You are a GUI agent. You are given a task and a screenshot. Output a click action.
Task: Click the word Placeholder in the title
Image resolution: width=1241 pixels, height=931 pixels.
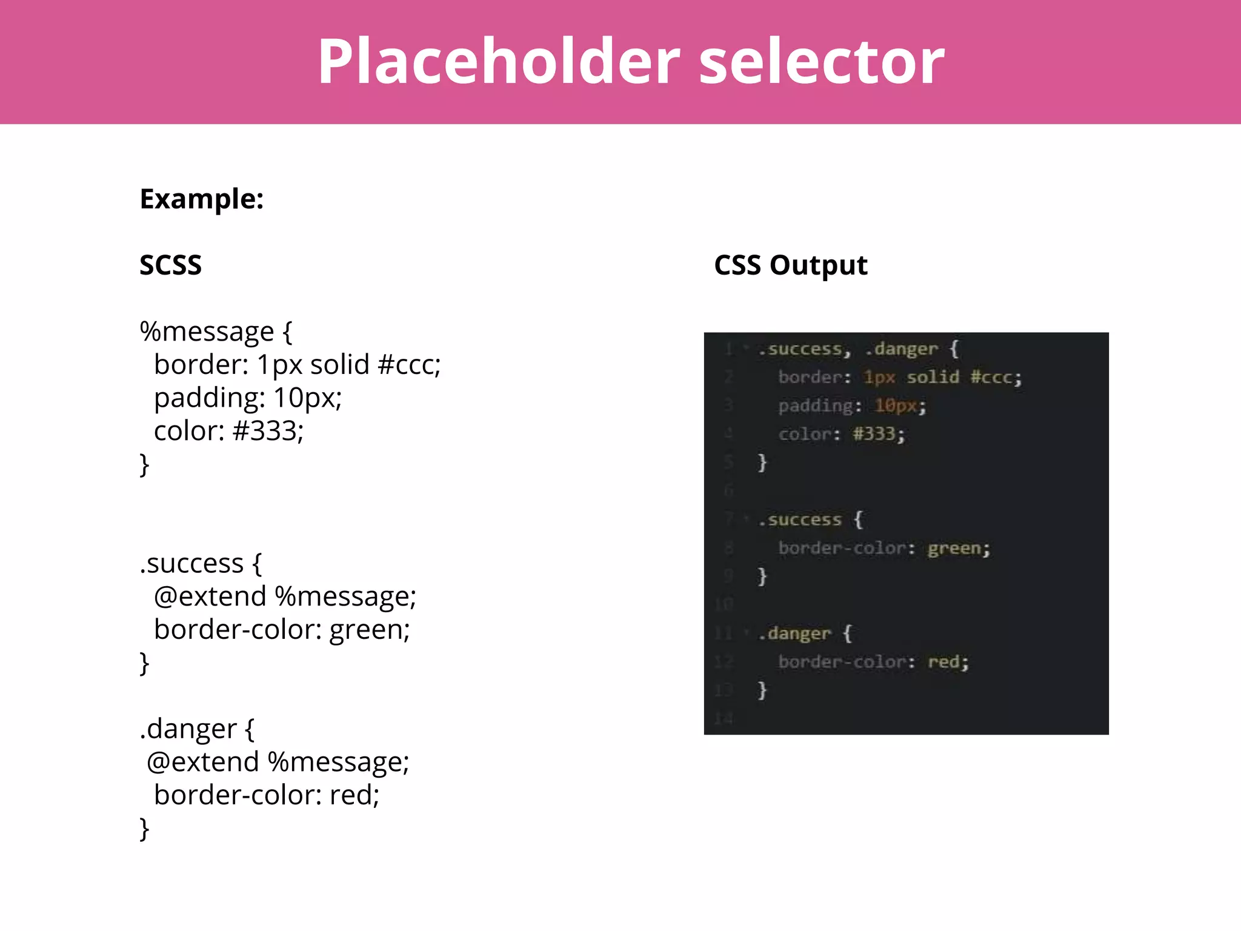tap(499, 61)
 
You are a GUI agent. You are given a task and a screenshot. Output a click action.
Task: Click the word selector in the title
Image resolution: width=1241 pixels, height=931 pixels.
tap(822, 61)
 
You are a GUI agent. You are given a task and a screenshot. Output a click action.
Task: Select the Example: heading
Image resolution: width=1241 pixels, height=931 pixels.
tap(201, 199)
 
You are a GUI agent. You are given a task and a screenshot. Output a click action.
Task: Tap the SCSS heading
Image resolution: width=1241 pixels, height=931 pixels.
tap(170, 265)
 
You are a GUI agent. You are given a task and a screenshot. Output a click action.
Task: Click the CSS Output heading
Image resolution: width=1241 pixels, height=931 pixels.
tap(790, 265)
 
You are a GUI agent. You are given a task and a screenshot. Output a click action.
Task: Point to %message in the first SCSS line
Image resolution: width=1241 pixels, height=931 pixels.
tap(207, 332)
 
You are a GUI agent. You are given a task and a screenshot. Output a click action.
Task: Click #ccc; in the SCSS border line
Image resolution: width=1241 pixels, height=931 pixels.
tap(409, 365)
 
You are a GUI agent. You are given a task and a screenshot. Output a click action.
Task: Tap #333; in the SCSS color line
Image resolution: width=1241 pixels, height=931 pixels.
tap(268, 431)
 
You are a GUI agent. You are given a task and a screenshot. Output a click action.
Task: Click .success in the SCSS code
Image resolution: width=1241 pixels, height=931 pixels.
tap(191, 563)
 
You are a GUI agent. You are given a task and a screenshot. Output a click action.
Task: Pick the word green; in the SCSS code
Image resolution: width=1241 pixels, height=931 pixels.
tap(370, 629)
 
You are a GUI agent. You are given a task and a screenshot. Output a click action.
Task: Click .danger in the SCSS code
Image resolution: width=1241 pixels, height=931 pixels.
tap(188, 729)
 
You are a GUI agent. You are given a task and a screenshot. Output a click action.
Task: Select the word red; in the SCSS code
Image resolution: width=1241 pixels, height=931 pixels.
tap(354, 795)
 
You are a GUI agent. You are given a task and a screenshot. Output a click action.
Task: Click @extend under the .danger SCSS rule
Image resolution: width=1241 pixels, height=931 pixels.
tap(202, 762)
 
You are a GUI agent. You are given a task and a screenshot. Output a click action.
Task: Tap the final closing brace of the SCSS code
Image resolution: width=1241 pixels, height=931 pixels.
tap(144, 828)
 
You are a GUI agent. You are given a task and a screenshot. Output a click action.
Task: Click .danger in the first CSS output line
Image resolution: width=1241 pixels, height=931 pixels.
tap(902, 349)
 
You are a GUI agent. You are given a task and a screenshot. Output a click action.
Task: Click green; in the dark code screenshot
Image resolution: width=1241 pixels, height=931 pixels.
tap(959, 548)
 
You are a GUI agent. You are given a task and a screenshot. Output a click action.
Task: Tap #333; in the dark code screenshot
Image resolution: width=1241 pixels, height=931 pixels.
tap(879, 433)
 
